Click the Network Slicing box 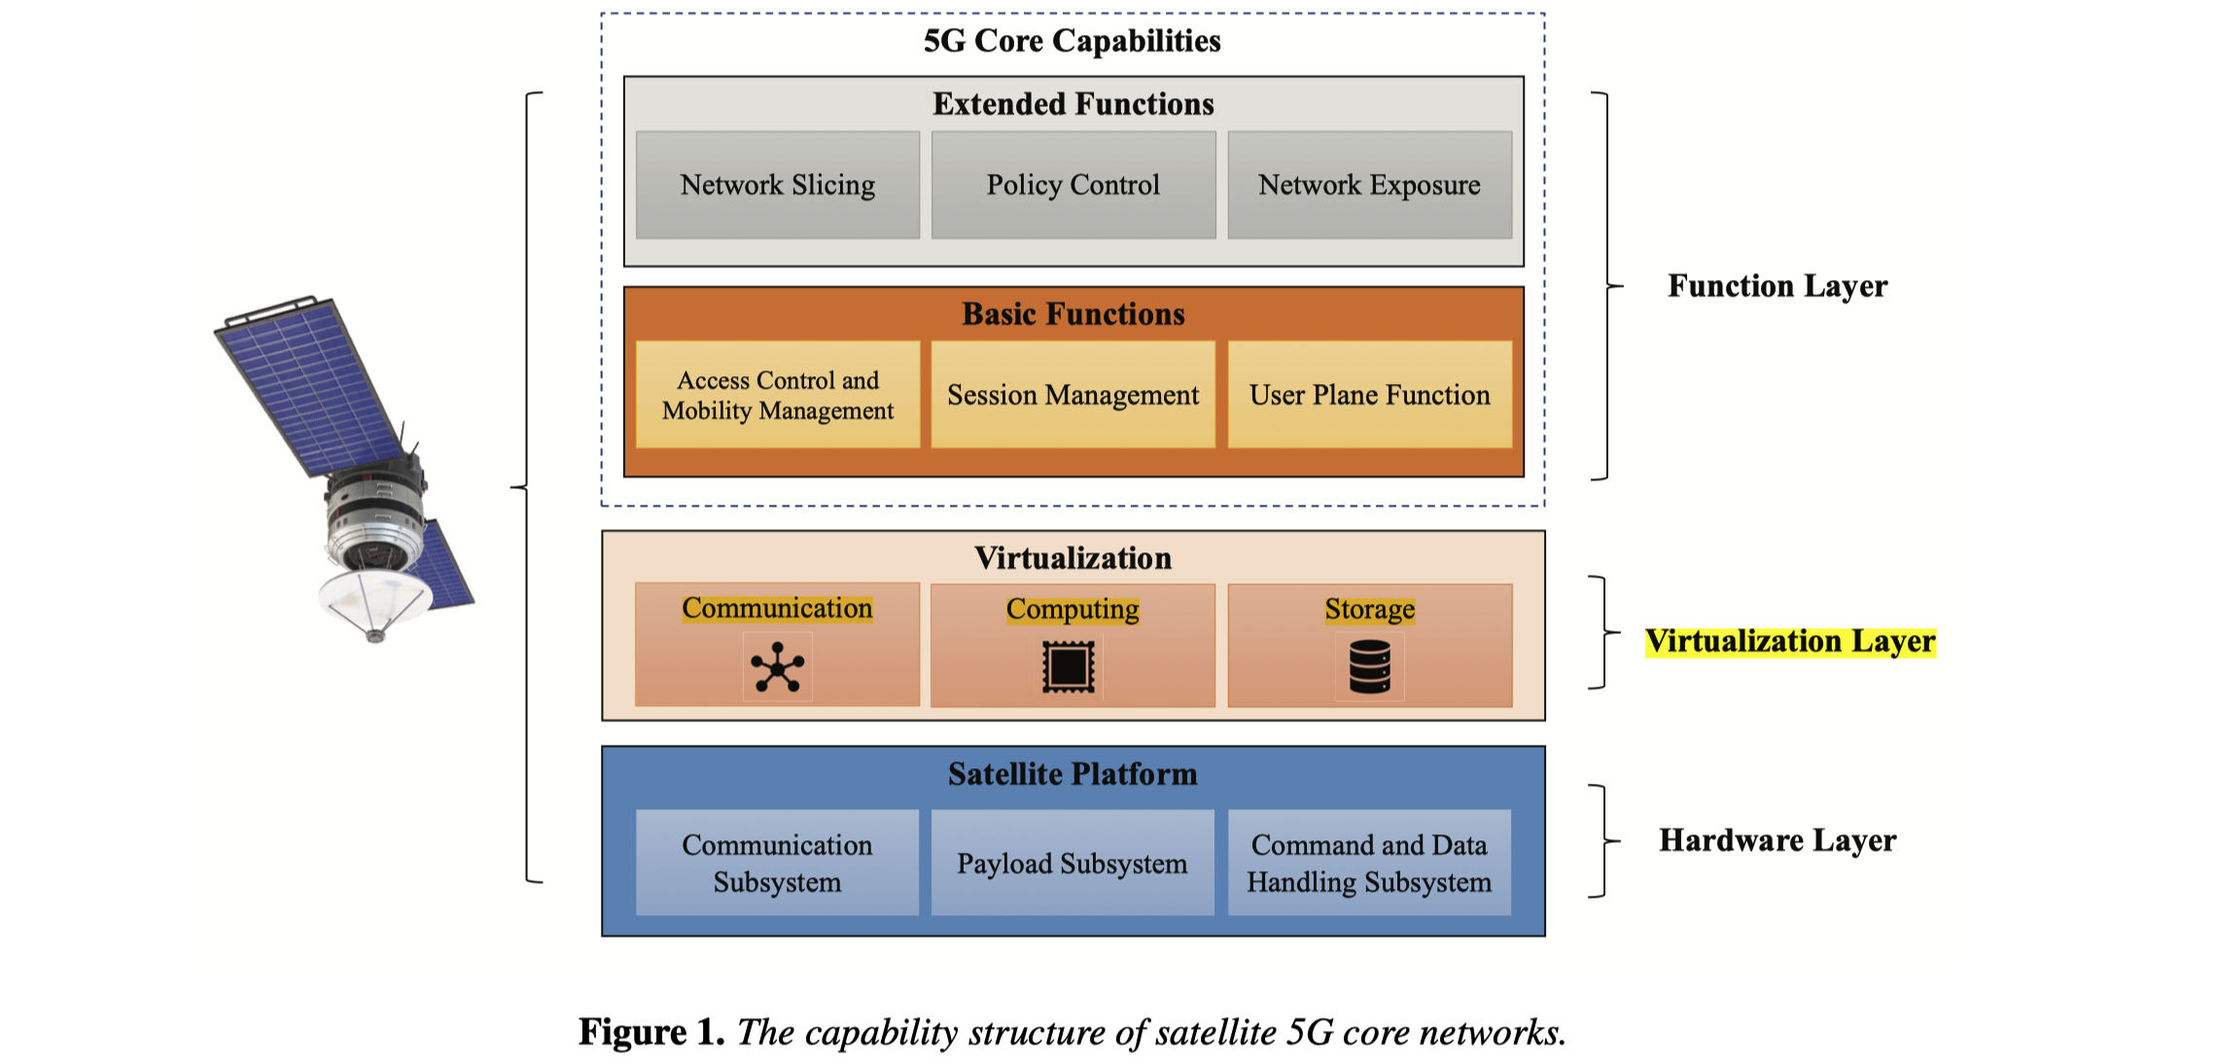click(777, 185)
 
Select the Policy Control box click(1073, 185)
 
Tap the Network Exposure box click(1369, 185)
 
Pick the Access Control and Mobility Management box click(777, 395)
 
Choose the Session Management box click(1073, 395)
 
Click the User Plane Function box click(1369, 395)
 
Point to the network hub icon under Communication click(777, 667)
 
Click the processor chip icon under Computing click(1068, 667)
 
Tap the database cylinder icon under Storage click(1369, 666)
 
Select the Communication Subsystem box click(777, 863)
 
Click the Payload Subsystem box click(1072, 863)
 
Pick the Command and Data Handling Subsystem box click(1369, 863)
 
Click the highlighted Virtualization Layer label click(1790, 642)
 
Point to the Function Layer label click(1777, 286)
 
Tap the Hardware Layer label click(1777, 840)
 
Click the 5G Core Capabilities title click(1072, 41)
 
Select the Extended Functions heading click(1073, 104)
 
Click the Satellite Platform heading click(1073, 774)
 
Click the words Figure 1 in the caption click(651, 1032)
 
